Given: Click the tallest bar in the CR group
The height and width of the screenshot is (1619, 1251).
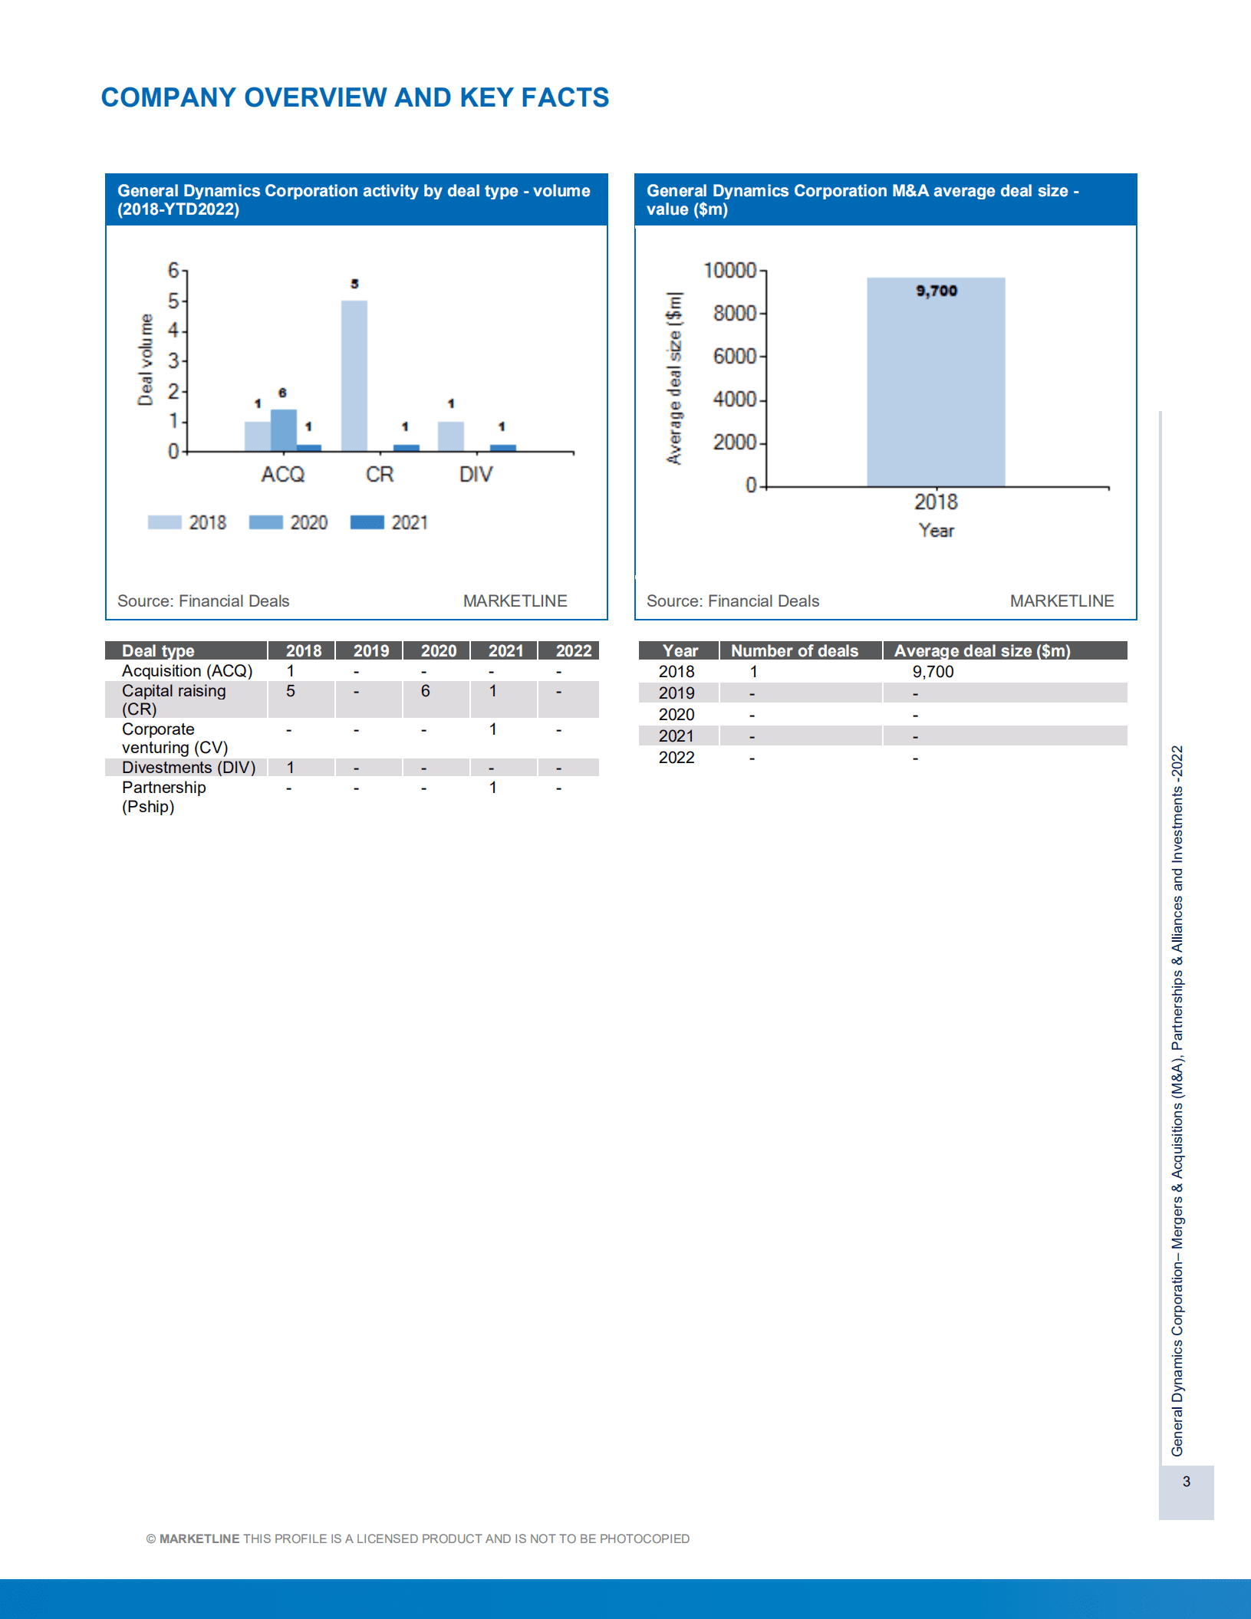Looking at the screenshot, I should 354,375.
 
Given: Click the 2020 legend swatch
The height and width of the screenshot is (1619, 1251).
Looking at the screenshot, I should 266,522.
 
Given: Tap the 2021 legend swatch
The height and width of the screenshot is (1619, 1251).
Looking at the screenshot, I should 367,522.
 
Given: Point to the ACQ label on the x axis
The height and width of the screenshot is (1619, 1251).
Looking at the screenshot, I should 282,475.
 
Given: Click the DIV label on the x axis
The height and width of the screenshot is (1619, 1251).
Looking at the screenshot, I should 476,475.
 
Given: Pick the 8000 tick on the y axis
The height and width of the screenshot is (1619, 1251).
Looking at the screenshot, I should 734,314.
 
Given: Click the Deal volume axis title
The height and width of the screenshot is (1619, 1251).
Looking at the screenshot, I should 145,359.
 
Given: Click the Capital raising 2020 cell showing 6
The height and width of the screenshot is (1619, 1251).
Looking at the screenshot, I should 425,691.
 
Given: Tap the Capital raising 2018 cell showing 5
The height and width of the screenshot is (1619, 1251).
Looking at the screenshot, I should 290,691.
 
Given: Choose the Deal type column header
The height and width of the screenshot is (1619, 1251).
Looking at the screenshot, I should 158,651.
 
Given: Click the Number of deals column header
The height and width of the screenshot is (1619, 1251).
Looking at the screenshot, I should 794,651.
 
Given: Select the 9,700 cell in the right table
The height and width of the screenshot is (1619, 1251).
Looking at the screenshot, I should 933,672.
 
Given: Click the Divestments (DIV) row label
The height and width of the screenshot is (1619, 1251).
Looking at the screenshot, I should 188,768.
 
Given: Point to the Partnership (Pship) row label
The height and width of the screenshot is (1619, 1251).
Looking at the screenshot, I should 163,797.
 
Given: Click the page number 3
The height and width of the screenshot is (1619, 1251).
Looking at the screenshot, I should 1186,1482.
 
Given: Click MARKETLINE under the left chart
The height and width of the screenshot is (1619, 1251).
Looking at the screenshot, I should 515,601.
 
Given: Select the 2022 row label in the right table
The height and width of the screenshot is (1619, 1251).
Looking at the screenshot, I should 676,758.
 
